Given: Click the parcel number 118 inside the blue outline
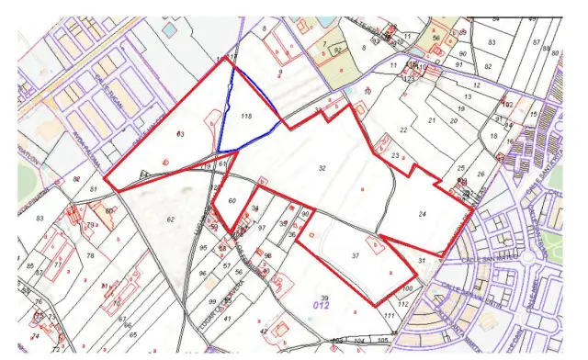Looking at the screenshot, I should [245, 117].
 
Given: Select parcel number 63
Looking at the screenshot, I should [180, 135].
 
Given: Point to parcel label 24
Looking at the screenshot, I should [422, 214].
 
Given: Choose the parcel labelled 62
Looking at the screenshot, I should [171, 219].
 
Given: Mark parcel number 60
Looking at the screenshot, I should [232, 201].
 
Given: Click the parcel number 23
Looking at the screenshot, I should [394, 157].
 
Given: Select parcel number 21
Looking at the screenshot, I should [430, 121].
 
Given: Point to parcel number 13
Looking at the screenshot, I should [467, 96].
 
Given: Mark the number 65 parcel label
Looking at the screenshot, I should [132, 335].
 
